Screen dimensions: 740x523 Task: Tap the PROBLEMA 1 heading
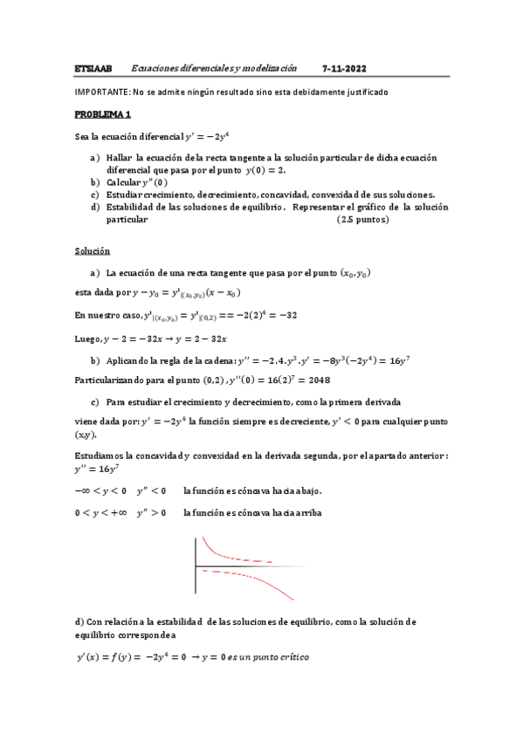(x=102, y=114)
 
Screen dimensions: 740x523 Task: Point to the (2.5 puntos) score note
(x=362, y=220)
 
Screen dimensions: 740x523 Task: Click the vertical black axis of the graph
(x=195, y=567)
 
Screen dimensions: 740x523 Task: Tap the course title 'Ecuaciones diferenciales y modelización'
(x=214, y=67)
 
